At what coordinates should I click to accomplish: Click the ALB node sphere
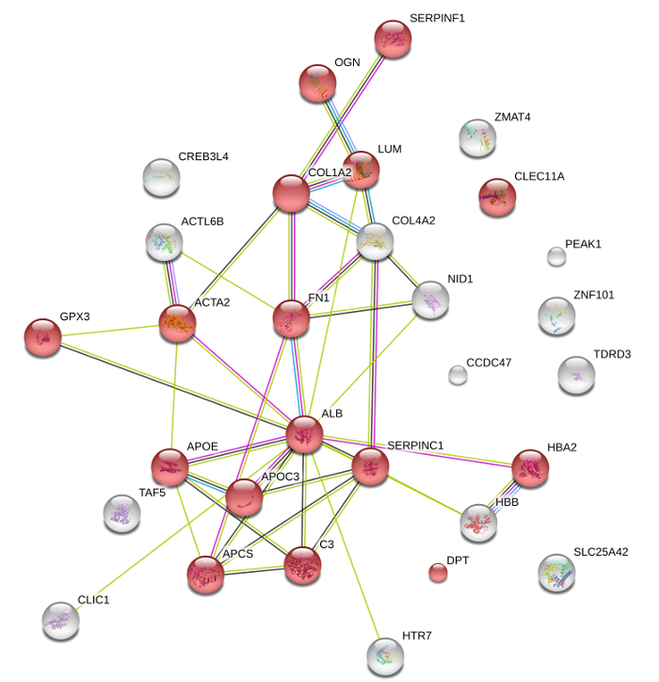(304, 434)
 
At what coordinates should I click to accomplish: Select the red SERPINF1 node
(393, 39)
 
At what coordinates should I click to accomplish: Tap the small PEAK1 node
(556, 256)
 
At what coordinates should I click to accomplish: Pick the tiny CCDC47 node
(458, 376)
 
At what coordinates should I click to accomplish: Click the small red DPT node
(438, 572)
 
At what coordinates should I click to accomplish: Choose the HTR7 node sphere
(384, 656)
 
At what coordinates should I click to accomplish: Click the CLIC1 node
(60, 621)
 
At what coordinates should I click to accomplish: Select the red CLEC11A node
(497, 197)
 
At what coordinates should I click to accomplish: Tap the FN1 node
(291, 319)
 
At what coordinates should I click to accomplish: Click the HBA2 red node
(530, 468)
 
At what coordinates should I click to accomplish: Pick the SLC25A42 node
(556, 573)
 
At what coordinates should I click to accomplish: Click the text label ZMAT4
(512, 118)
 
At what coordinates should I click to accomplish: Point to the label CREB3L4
(203, 156)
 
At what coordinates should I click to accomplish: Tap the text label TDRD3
(612, 354)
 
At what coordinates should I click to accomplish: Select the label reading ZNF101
(593, 295)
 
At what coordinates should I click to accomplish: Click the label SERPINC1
(415, 445)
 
